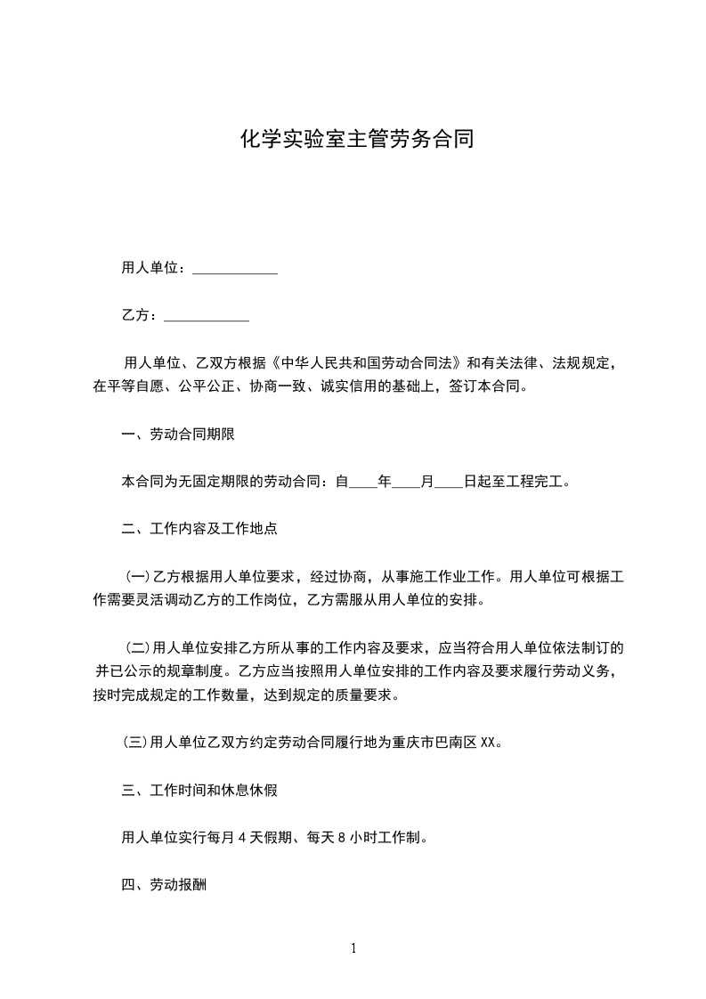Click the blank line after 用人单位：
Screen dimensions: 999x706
[x=235, y=268]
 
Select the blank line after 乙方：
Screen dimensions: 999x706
[x=207, y=316]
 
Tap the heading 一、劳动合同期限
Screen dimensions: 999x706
[x=177, y=435]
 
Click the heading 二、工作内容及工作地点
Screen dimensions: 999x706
[x=199, y=529]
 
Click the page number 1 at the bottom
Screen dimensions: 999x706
[x=353, y=948]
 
